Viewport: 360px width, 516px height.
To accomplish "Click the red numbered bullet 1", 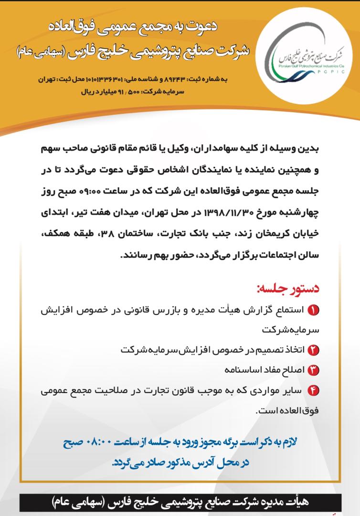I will coord(314,311).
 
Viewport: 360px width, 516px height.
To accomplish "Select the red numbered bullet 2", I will coord(314,349).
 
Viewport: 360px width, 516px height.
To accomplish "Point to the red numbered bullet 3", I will coord(314,370).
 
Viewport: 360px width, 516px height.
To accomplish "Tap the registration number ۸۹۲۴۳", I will coord(178,78).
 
